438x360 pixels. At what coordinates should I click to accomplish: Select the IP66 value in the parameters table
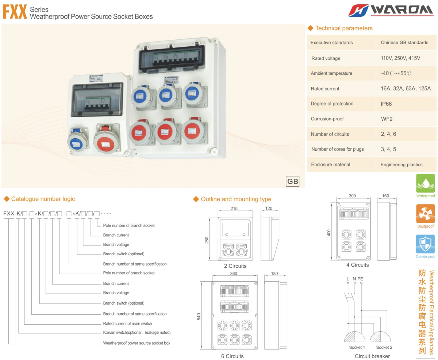(386, 104)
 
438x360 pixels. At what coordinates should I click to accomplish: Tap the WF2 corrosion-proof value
(387, 119)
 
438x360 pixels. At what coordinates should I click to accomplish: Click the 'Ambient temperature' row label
(331, 73)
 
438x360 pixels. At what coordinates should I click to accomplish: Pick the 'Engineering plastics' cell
(401, 164)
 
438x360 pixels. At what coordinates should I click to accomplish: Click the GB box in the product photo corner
(293, 181)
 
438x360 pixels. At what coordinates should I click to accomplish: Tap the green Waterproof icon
(425, 183)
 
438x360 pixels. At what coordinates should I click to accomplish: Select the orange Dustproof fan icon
(425, 214)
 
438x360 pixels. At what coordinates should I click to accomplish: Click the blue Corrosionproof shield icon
(425, 244)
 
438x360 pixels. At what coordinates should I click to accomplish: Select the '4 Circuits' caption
(357, 265)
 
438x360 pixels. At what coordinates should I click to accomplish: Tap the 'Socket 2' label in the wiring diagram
(384, 347)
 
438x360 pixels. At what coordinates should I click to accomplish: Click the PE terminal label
(360, 279)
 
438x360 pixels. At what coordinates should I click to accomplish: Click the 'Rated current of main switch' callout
(127, 324)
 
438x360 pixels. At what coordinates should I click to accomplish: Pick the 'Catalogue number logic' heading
(43, 199)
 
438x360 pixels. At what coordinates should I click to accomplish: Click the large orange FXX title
(15, 12)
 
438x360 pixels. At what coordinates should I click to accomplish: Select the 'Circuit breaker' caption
(372, 356)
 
